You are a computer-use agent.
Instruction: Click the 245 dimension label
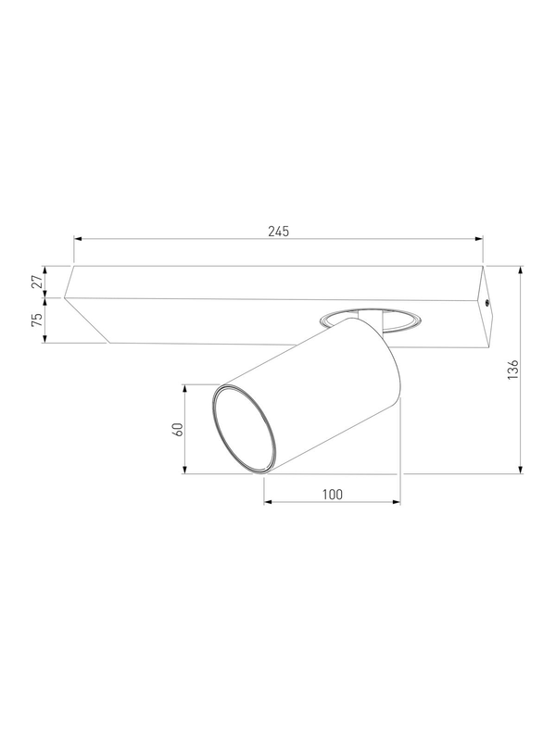(279, 231)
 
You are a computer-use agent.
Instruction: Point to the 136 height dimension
(513, 370)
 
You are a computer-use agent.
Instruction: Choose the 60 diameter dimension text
(179, 429)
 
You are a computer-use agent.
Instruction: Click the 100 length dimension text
(333, 495)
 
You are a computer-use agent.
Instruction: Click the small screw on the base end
(487, 302)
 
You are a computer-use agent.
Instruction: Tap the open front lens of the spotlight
(243, 429)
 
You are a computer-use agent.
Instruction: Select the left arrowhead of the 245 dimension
(78, 239)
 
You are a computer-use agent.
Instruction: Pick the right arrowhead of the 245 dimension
(478, 239)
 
